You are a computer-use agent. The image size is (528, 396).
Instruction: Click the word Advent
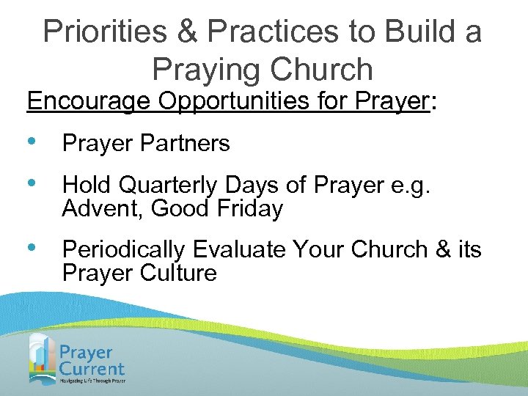[103, 209]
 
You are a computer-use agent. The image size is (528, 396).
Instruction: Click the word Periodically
[125, 250]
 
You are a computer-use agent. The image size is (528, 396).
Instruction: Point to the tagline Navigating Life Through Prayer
[92, 381]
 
